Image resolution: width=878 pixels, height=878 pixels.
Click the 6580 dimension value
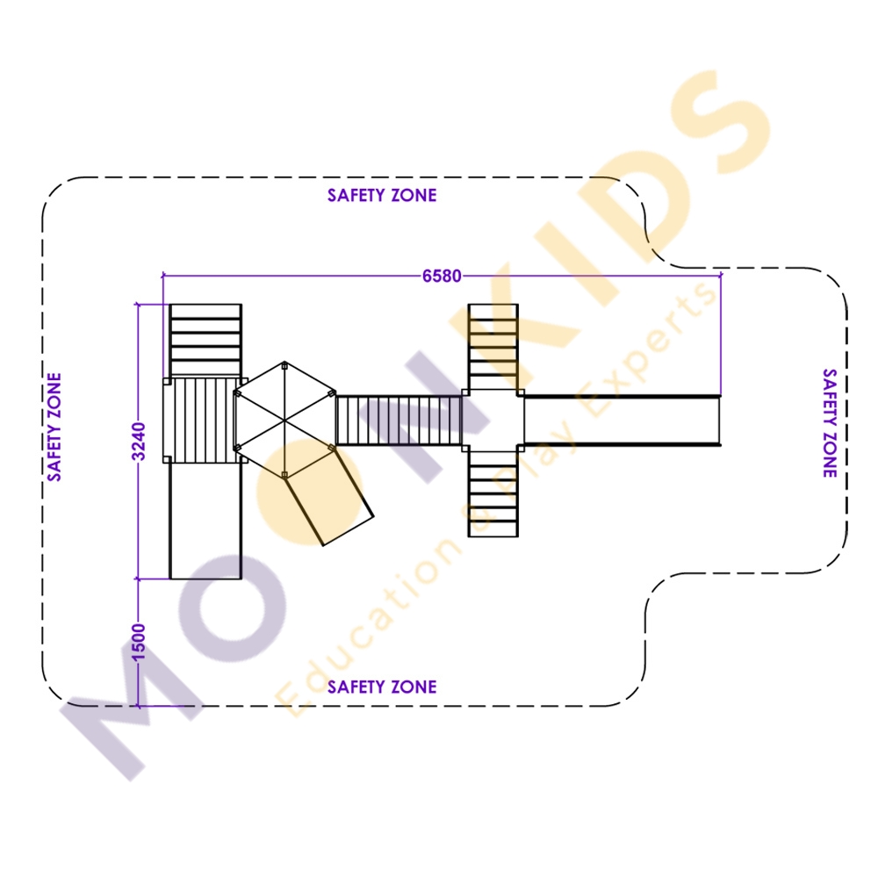pyautogui.click(x=442, y=276)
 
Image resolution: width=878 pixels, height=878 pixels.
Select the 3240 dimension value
pyautogui.click(x=139, y=442)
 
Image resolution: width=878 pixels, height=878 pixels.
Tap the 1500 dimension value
pyautogui.click(x=139, y=643)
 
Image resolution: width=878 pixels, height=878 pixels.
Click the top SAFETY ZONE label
pyautogui.click(x=382, y=196)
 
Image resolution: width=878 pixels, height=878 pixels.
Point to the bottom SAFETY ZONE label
pyautogui.click(x=382, y=687)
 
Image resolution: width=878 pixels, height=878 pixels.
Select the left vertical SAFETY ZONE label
pyautogui.click(x=54, y=428)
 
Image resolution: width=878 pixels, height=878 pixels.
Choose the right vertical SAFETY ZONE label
pyautogui.click(x=830, y=423)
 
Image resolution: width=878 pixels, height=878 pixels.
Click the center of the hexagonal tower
pyautogui.click(x=284, y=420)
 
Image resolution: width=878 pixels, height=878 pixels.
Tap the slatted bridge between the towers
pyautogui.click(x=399, y=421)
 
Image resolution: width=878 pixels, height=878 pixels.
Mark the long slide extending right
pyautogui.click(x=623, y=421)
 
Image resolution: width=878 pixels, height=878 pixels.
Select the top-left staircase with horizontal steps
pyautogui.click(x=205, y=340)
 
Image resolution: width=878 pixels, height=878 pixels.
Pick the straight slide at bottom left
pyautogui.click(x=205, y=521)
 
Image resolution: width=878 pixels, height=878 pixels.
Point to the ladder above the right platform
pyautogui.click(x=493, y=347)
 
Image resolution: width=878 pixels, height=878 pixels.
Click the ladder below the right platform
pyautogui.click(x=493, y=493)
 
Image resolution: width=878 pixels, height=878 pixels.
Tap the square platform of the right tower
pyautogui.click(x=493, y=421)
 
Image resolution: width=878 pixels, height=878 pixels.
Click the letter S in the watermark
pyautogui.click(x=721, y=121)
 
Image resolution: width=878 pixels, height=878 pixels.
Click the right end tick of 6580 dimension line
pyautogui.click(x=721, y=276)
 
